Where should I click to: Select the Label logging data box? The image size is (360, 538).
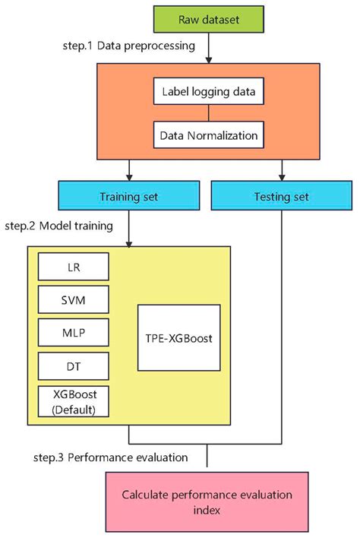210,93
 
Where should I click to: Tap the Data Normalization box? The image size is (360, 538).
210,138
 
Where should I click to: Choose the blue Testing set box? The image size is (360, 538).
281,198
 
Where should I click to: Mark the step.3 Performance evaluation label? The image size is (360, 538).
120,457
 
